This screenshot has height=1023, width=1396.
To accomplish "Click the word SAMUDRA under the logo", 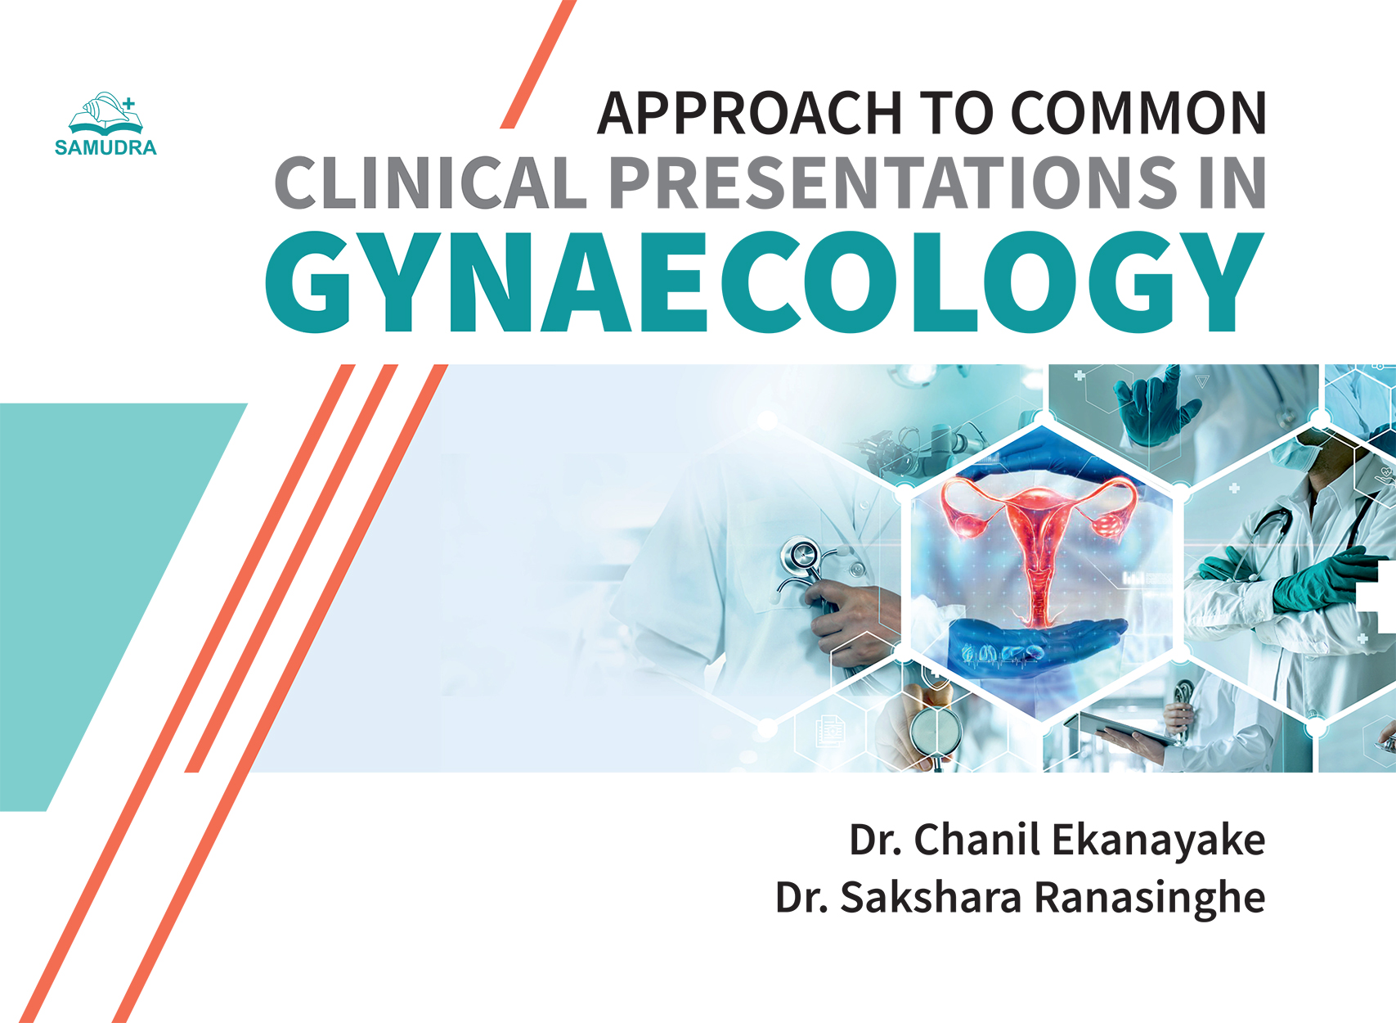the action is pos(105,148).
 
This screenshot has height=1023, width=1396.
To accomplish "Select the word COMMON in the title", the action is pos(1138,114).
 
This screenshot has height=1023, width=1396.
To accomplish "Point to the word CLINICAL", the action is pos(431,183).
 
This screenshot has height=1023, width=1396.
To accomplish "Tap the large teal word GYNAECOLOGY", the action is pos(764,282).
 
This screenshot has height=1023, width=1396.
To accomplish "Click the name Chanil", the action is pos(977,840).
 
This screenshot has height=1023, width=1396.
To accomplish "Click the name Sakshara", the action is pos(931,898).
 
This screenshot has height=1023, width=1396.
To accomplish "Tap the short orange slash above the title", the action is pos(538,65).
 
